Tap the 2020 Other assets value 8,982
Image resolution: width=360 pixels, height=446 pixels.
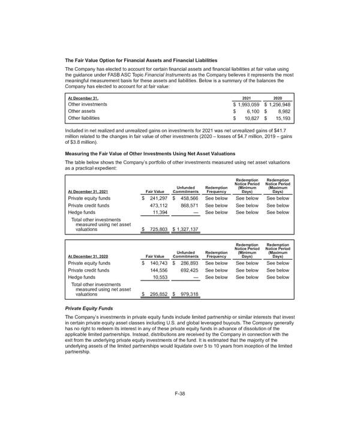[282, 111]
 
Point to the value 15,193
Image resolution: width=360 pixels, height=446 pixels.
[281, 119]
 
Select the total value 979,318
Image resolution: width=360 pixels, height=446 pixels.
[187, 294]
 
